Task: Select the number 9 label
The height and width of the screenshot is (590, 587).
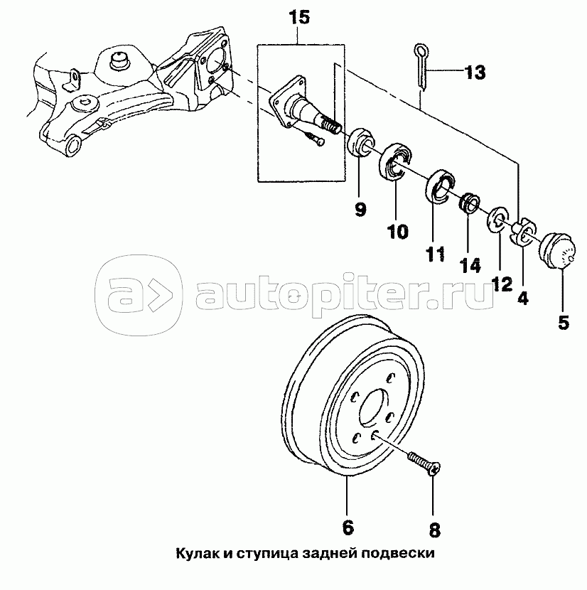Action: [x=361, y=210]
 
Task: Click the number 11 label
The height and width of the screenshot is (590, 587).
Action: [x=435, y=252]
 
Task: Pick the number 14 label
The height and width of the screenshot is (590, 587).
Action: [x=470, y=265]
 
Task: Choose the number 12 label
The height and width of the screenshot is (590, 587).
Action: [x=501, y=284]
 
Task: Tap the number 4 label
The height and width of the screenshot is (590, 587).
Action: [x=523, y=299]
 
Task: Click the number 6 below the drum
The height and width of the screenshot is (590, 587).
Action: [x=348, y=527]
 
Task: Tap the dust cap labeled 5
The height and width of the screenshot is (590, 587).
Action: [x=556, y=251]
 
